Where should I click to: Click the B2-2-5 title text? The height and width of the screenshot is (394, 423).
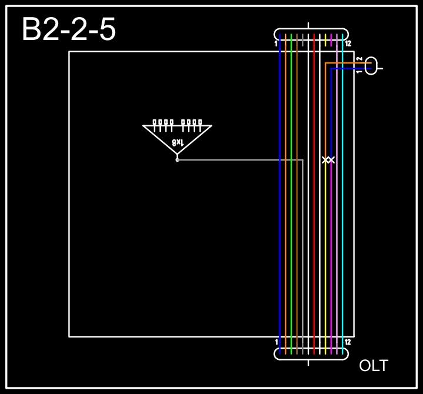(69, 29)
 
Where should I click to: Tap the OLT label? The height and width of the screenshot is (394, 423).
(373, 366)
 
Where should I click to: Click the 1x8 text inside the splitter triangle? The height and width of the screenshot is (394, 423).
(177, 142)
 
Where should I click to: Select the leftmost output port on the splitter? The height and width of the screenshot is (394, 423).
(155, 123)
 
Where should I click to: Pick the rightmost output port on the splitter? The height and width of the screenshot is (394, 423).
(200, 123)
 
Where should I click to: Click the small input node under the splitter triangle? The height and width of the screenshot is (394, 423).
(177, 159)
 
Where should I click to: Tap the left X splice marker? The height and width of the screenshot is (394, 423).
(325, 160)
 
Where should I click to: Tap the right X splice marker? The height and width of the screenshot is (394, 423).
(331, 160)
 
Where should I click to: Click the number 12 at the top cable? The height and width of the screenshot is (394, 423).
(348, 44)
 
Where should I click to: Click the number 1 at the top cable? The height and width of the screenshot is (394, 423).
(276, 44)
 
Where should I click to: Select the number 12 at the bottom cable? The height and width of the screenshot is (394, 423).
(348, 342)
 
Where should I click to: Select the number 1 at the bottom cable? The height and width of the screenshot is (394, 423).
(276, 342)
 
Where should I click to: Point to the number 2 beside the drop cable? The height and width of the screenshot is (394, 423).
(359, 59)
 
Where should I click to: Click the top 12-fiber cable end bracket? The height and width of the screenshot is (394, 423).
(311, 34)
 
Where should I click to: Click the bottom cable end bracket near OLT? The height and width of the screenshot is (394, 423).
(311, 353)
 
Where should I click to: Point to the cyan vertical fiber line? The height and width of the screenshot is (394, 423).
(343, 235)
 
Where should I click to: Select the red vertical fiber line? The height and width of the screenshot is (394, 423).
(314, 235)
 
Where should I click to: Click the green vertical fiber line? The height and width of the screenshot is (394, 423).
(291, 235)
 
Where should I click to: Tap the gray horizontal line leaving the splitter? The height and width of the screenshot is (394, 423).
(235, 159)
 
